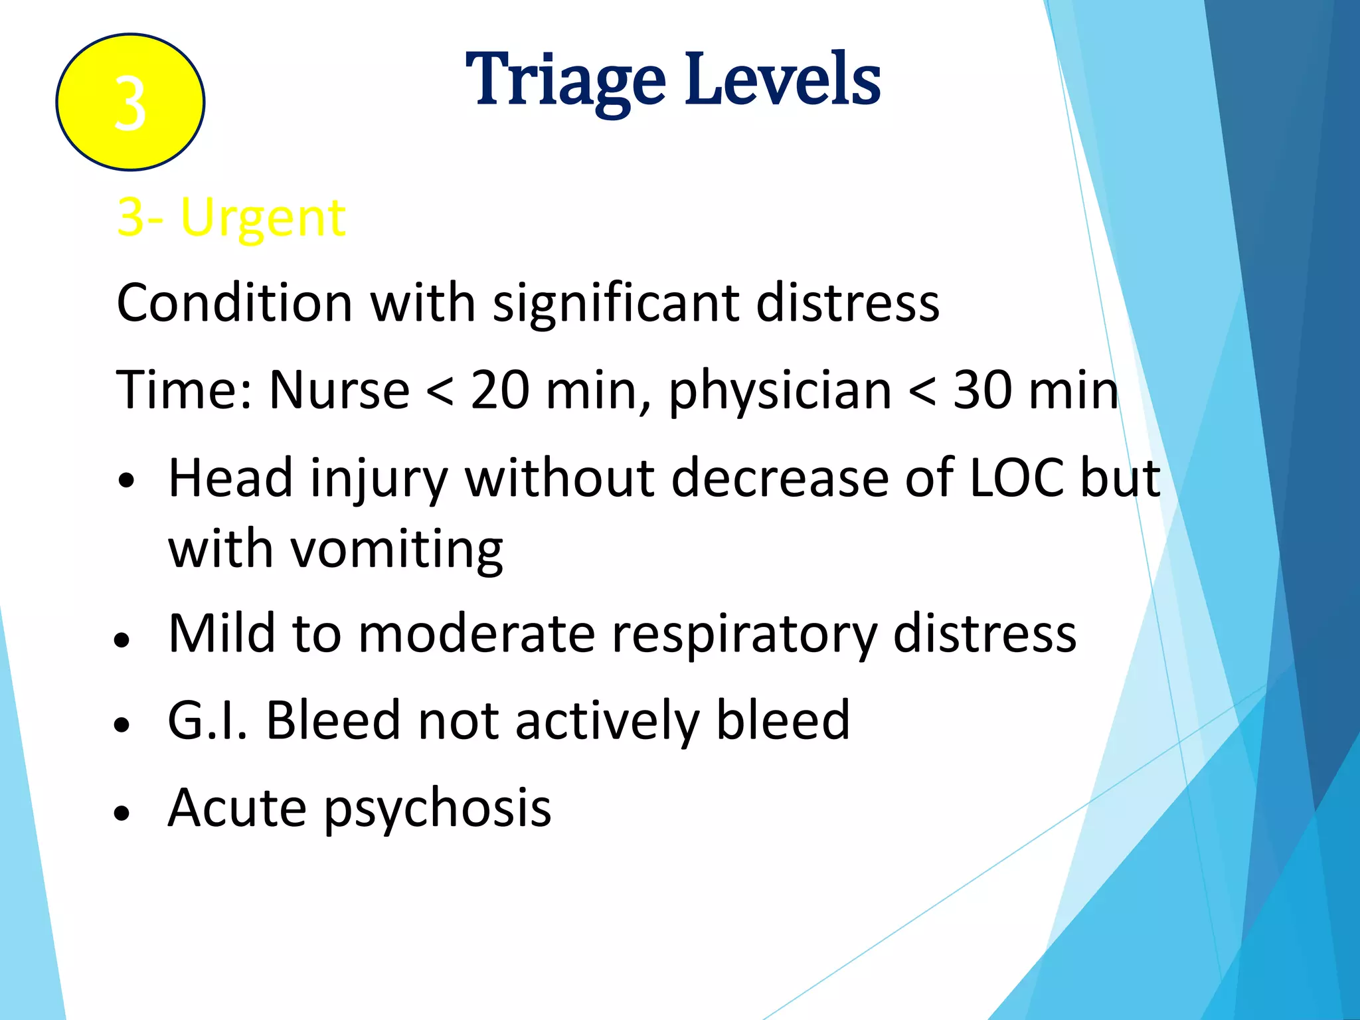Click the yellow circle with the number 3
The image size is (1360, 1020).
130,102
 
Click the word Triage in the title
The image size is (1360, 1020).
565,80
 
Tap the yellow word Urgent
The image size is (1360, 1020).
263,218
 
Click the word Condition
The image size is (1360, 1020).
234,303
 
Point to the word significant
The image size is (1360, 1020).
616,304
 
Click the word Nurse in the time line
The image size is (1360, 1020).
339,390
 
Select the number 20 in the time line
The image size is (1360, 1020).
500,390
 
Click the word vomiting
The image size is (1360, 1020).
397,551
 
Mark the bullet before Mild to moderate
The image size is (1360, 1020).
122,640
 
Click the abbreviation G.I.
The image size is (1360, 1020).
208,721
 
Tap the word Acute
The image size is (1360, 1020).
238,808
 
